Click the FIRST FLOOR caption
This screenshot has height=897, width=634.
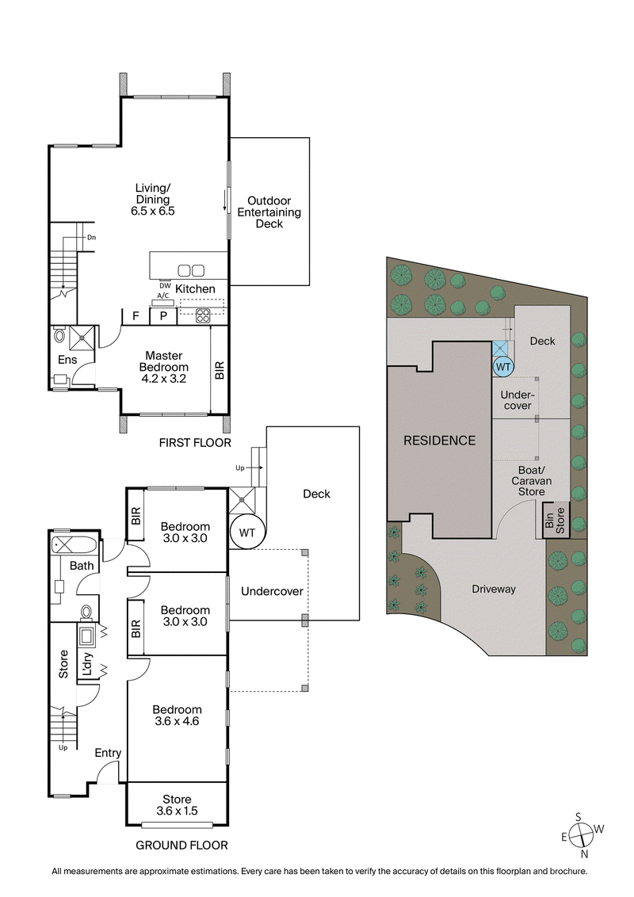pyautogui.click(x=194, y=442)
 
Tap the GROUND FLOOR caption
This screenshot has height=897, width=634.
pyautogui.click(x=181, y=845)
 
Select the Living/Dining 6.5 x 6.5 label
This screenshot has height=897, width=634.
pyautogui.click(x=152, y=200)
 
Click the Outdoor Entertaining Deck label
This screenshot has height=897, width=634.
pyautogui.click(x=273, y=212)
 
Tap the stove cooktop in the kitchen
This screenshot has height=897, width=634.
pyautogui.click(x=202, y=315)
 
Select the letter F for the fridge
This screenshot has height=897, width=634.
pyautogui.click(x=136, y=316)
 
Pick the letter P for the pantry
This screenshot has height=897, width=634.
pyautogui.click(x=163, y=316)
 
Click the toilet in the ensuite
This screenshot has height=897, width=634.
pyautogui.click(x=61, y=336)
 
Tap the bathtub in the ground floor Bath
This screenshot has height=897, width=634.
pyautogui.click(x=74, y=545)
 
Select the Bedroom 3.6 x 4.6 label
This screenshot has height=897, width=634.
pyautogui.click(x=178, y=716)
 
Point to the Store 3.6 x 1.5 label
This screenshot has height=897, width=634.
pyautogui.click(x=178, y=804)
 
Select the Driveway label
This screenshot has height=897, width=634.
pyautogui.click(x=494, y=589)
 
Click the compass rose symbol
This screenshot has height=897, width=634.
pyautogui.click(x=584, y=834)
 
